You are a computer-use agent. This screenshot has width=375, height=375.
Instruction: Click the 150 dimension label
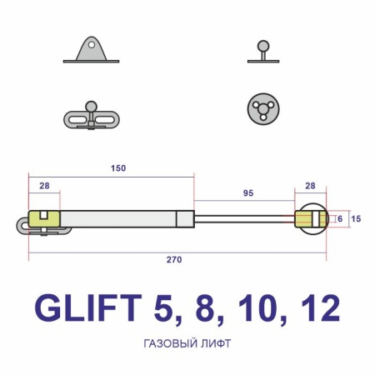click(x=117, y=168)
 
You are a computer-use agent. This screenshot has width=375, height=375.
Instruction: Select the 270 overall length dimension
click(x=174, y=259)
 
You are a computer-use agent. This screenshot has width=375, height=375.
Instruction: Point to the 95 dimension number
click(x=248, y=192)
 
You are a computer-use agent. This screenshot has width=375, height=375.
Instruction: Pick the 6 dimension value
click(x=339, y=218)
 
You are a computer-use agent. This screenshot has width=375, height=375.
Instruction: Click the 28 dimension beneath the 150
click(x=43, y=185)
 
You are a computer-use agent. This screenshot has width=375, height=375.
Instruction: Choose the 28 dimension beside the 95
click(x=311, y=186)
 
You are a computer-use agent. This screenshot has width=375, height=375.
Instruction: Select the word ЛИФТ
click(x=215, y=342)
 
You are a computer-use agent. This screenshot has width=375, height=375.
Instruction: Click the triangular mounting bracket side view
click(x=89, y=50)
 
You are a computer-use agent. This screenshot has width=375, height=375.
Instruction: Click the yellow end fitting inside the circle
click(x=309, y=220)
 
